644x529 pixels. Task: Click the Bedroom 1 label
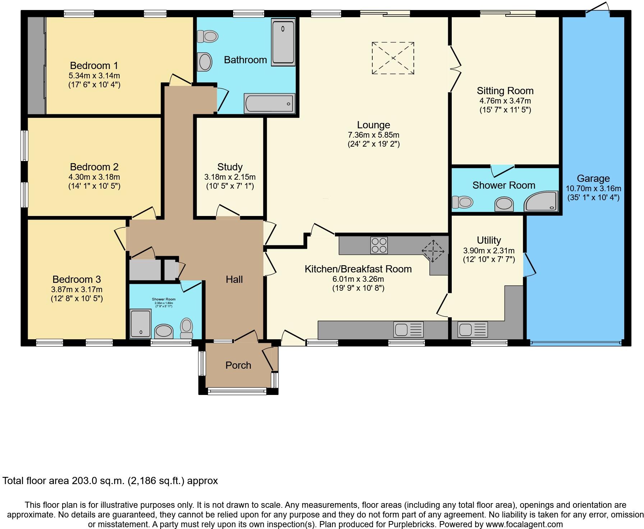click(x=94, y=65)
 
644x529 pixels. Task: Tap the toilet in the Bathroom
click(x=208, y=36)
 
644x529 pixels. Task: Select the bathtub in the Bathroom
click(x=270, y=103)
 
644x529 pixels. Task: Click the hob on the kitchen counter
click(x=379, y=245)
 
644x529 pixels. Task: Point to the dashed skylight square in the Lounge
click(x=393, y=58)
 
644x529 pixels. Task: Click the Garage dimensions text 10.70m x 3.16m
click(x=593, y=188)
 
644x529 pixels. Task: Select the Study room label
click(x=230, y=167)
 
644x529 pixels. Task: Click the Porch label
click(x=238, y=365)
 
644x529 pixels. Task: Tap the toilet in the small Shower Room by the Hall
click(x=187, y=327)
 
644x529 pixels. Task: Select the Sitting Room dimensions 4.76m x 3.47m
click(x=505, y=101)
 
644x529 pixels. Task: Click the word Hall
click(x=234, y=279)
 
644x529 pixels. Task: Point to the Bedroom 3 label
click(x=77, y=279)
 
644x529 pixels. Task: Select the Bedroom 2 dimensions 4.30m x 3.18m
click(x=94, y=177)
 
